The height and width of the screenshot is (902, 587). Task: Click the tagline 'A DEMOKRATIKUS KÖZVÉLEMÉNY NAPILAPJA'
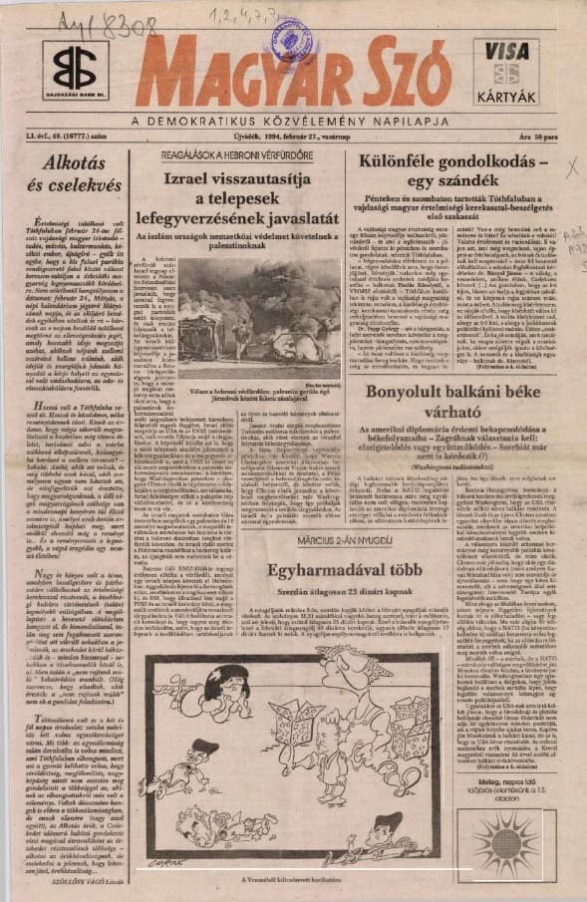[x=292, y=123]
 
